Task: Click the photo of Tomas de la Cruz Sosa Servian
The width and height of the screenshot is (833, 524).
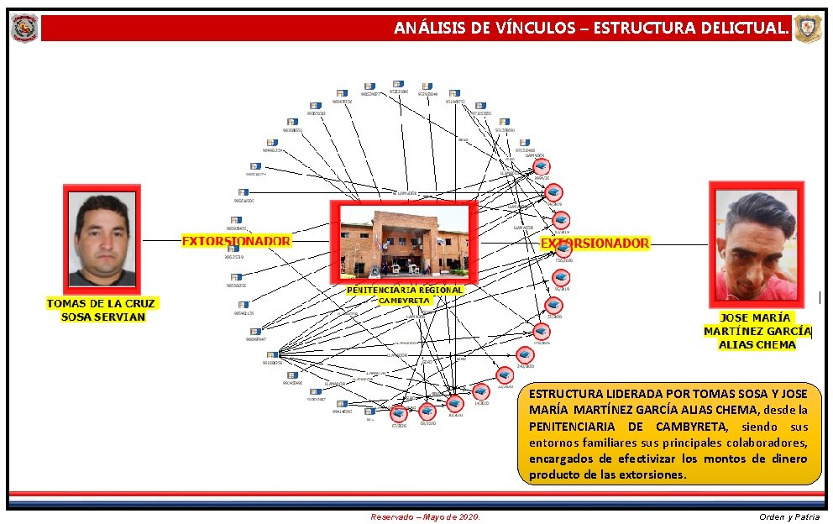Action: [x=102, y=239]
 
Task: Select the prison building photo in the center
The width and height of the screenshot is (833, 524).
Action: [x=404, y=242]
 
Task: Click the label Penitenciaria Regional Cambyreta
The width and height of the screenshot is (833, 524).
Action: [x=405, y=295]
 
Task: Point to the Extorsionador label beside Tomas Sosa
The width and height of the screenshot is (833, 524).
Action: [x=236, y=241]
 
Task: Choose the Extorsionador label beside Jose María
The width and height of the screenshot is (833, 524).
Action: [x=595, y=243]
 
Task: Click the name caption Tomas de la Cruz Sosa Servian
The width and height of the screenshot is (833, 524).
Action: [x=102, y=310]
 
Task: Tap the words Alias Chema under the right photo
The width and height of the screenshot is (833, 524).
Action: [x=757, y=344]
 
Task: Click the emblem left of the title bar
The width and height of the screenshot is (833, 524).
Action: [x=24, y=28]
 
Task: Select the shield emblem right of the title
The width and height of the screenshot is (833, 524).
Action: [x=808, y=28]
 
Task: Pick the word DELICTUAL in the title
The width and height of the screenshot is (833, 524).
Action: [x=742, y=28]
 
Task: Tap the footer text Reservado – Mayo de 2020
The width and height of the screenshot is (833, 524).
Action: [x=426, y=516]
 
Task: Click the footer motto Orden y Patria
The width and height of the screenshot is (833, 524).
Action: [x=788, y=516]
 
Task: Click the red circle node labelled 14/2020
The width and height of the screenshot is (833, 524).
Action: [x=481, y=391]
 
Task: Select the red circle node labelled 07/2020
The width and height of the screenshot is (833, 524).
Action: [x=399, y=413]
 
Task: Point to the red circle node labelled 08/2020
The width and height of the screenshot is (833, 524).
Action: [x=427, y=411]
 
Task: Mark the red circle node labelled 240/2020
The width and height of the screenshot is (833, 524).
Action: [x=526, y=354]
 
